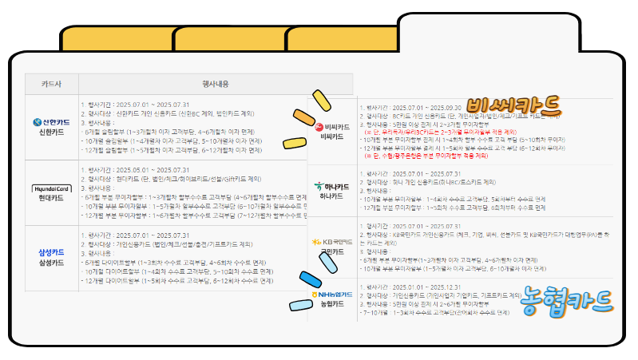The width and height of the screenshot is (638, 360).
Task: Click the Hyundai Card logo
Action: click(x=51, y=188)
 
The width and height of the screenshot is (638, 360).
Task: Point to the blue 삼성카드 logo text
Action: click(x=51, y=252)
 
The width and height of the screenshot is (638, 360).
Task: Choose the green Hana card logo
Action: click(x=331, y=187)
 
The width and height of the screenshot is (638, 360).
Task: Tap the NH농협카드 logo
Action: click(x=331, y=295)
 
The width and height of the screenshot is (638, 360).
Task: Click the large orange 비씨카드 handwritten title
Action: click(x=516, y=106)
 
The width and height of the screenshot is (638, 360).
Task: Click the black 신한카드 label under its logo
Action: click(x=51, y=133)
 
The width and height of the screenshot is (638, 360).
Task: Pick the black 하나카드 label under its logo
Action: click(x=331, y=196)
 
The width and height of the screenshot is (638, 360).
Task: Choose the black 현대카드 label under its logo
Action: click(x=51, y=198)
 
